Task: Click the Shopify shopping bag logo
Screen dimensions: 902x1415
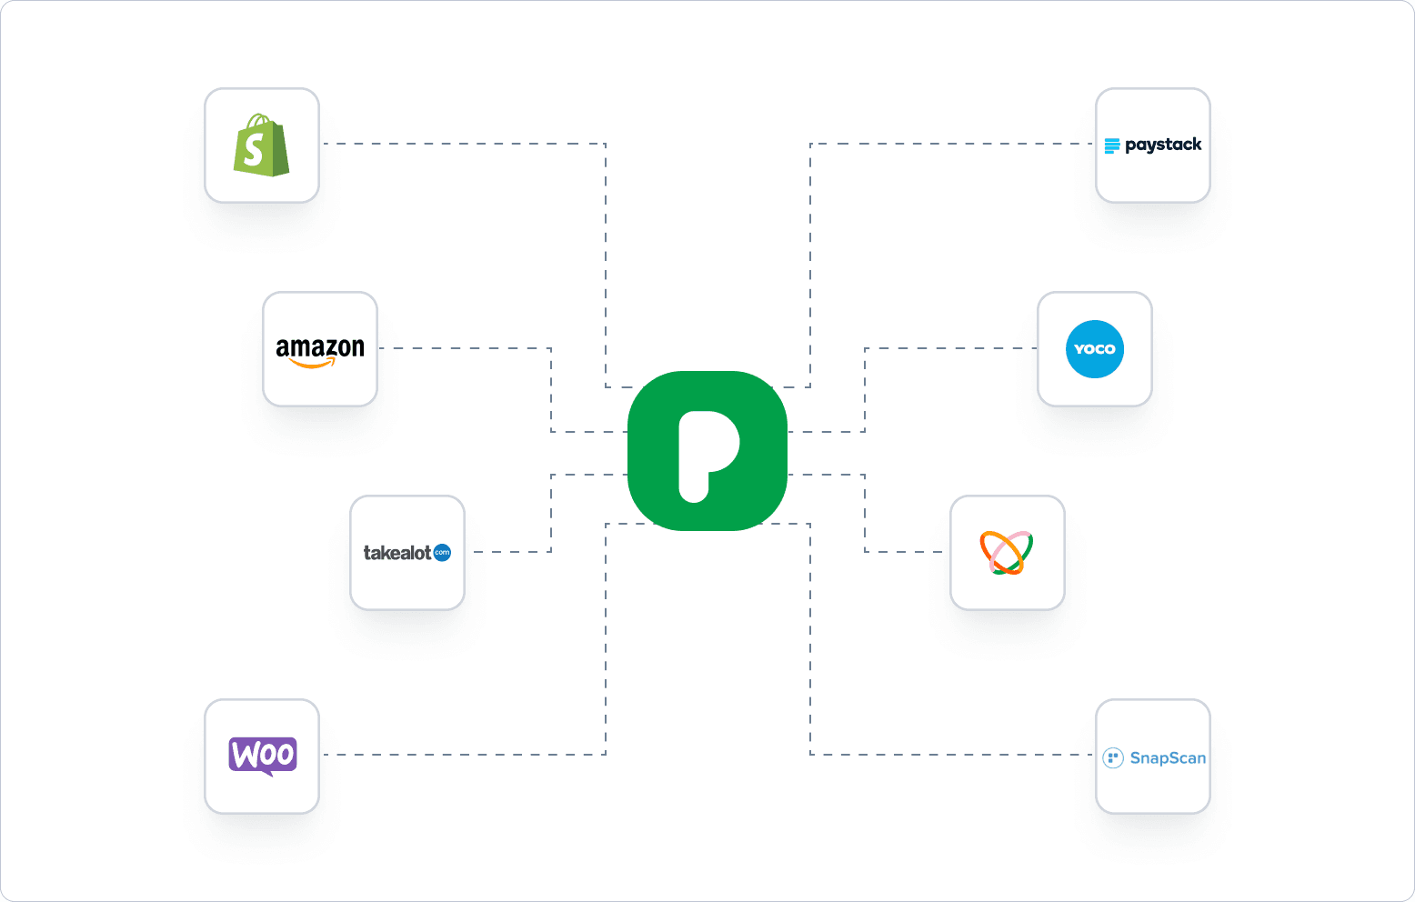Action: pos(261,145)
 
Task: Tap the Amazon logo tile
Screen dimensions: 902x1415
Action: pos(320,349)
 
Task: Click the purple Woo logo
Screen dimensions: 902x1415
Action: pos(262,756)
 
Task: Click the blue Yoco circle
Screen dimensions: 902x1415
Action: pos(1094,349)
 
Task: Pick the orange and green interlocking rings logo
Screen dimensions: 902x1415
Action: pos(1006,553)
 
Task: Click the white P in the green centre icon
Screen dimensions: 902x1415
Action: pos(707,454)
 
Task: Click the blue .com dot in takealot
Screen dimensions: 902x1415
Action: pos(442,553)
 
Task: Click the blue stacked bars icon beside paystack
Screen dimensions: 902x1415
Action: pos(1112,146)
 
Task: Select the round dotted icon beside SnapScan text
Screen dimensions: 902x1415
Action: pos(1113,758)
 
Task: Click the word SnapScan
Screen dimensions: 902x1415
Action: pos(1168,758)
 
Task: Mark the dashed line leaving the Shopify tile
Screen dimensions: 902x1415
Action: pos(455,144)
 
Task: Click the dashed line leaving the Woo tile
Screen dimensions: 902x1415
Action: pos(455,755)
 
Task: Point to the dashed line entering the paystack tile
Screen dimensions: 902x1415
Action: pos(955,144)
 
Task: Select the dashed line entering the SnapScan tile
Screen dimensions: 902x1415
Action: pos(955,755)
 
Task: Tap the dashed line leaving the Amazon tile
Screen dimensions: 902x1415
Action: pos(464,348)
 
